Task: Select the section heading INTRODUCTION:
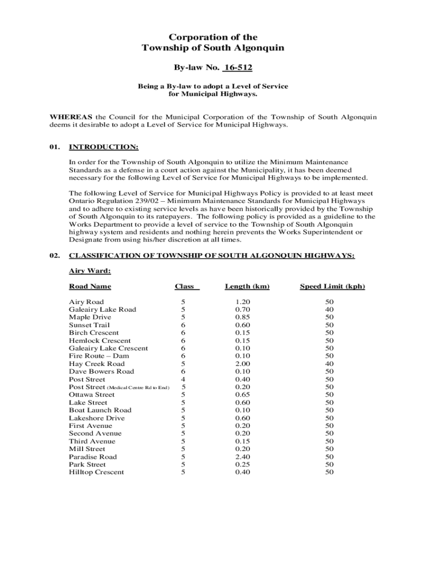103,147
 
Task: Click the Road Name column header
90,286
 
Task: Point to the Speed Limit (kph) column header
332,286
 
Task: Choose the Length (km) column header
247,286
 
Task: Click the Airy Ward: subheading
90,271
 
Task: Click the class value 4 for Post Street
183,380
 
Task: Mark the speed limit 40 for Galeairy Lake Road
330,310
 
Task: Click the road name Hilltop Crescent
96,473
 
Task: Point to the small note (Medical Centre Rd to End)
138,387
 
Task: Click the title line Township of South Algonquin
213,48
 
